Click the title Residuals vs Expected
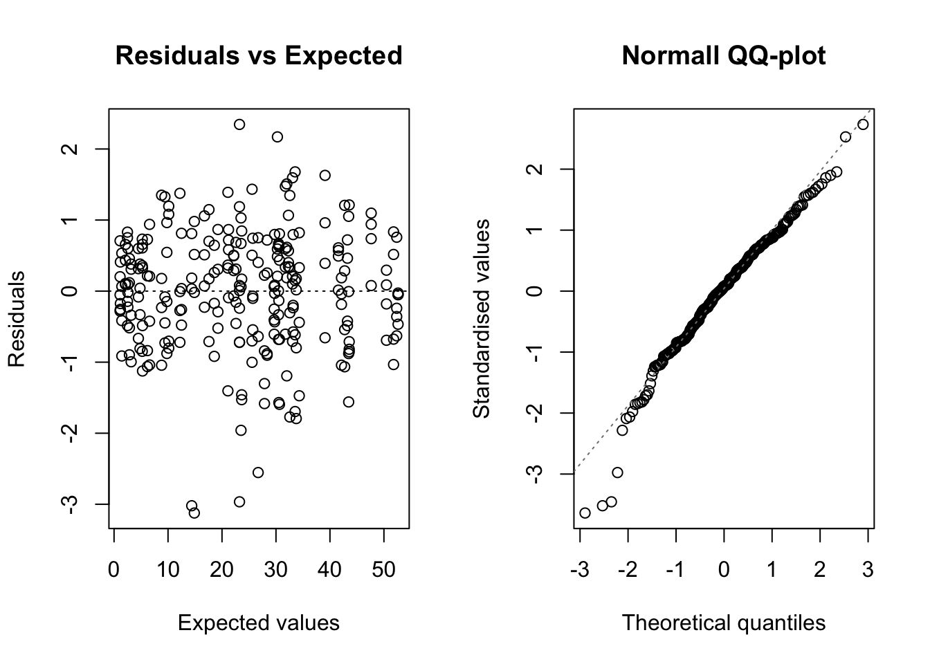pos(259,55)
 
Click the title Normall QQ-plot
pos(723,55)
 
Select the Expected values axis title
pos(259,623)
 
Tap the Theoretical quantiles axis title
pos(723,623)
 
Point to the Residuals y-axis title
pos(17,319)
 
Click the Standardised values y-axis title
pos(482,319)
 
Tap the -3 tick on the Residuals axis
pos(71,504)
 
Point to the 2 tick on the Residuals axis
pos(71,149)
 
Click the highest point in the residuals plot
pos(239,124)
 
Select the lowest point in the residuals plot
pos(194,513)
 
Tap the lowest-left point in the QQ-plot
pos(585,513)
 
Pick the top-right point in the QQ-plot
pos(862,124)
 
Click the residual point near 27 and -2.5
pos(258,472)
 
